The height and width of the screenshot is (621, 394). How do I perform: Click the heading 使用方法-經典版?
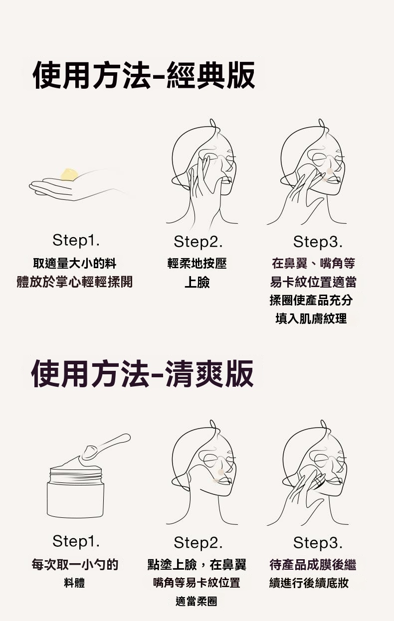point(144,75)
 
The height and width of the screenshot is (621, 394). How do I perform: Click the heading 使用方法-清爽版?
point(143,373)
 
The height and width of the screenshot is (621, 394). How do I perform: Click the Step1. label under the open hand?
point(76,240)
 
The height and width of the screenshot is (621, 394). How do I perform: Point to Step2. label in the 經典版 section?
point(198,242)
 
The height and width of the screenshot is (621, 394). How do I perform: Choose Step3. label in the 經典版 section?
point(318,242)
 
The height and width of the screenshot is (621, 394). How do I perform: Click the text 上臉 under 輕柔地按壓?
point(197,282)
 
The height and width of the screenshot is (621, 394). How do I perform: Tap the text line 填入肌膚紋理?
point(311,318)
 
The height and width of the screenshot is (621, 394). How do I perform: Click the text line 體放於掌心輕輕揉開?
point(75,282)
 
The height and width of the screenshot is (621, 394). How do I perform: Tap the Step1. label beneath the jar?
point(76,541)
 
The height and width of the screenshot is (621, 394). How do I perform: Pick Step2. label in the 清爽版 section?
point(198,543)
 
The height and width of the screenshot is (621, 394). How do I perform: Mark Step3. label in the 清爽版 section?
point(318,543)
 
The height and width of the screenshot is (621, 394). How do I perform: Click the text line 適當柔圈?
point(197,602)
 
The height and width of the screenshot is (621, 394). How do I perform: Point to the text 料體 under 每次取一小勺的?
point(74,583)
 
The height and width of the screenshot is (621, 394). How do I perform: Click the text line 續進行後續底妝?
point(309,583)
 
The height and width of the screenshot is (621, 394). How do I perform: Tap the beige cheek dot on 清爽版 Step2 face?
point(221,472)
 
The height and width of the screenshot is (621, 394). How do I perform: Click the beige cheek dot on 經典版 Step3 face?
point(330,171)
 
